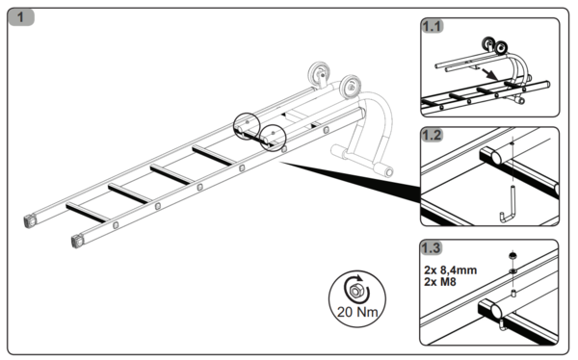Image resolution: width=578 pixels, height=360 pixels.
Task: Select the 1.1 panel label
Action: point(436,27)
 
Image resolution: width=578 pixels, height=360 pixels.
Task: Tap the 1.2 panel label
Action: point(436,136)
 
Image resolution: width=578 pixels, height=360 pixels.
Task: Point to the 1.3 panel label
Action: point(436,247)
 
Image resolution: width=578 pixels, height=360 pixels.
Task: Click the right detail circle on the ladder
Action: point(275,136)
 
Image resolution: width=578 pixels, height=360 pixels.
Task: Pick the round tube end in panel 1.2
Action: point(493,154)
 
